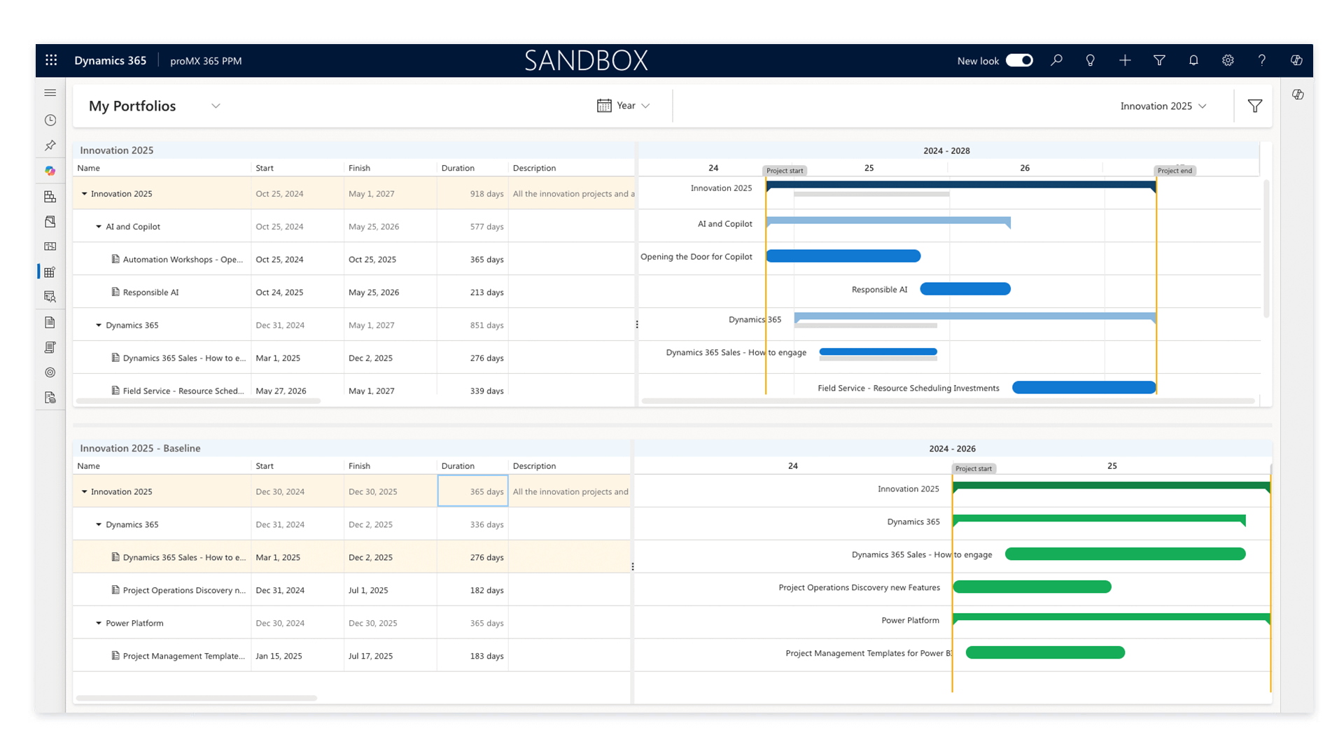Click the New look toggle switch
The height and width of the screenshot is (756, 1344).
1018,60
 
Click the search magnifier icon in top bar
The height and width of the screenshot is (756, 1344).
1056,60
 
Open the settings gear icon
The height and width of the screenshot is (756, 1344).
1228,60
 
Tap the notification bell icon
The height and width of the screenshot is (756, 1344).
1193,60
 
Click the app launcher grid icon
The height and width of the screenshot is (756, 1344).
51,60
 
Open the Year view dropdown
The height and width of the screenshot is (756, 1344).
624,106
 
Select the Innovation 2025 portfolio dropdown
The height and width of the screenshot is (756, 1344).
1163,106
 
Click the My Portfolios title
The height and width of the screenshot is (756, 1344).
132,106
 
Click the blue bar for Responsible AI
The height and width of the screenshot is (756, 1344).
965,289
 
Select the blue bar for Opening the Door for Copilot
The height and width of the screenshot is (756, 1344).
843,256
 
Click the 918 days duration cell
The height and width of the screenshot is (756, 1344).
486,194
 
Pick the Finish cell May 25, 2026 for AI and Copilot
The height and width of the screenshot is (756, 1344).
374,227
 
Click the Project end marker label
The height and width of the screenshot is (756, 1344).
1174,171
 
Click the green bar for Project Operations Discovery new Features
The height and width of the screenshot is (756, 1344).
1032,587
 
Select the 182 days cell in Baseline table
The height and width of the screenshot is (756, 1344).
486,590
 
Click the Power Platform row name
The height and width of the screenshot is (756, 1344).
134,623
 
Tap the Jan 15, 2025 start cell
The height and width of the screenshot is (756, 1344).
279,656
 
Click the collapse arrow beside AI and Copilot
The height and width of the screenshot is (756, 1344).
99,227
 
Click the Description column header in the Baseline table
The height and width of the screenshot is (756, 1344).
534,465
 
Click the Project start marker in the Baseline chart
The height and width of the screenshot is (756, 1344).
973,468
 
